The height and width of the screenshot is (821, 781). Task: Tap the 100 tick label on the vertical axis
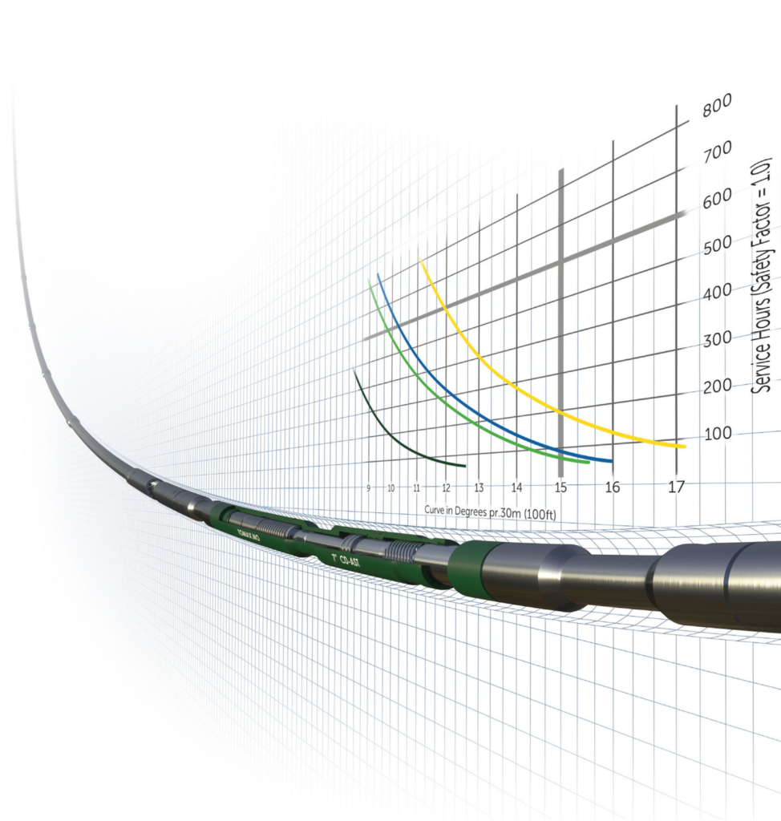click(x=718, y=435)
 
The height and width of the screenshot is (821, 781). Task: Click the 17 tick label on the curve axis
click(x=677, y=486)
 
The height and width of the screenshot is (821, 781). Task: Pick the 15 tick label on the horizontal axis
click(x=560, y=487)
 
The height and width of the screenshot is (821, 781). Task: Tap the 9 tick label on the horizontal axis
click(x=368, y=487)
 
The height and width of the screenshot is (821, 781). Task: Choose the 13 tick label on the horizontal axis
click(x=478, y=487)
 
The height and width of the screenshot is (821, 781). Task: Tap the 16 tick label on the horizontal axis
click(x=613, y=487)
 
